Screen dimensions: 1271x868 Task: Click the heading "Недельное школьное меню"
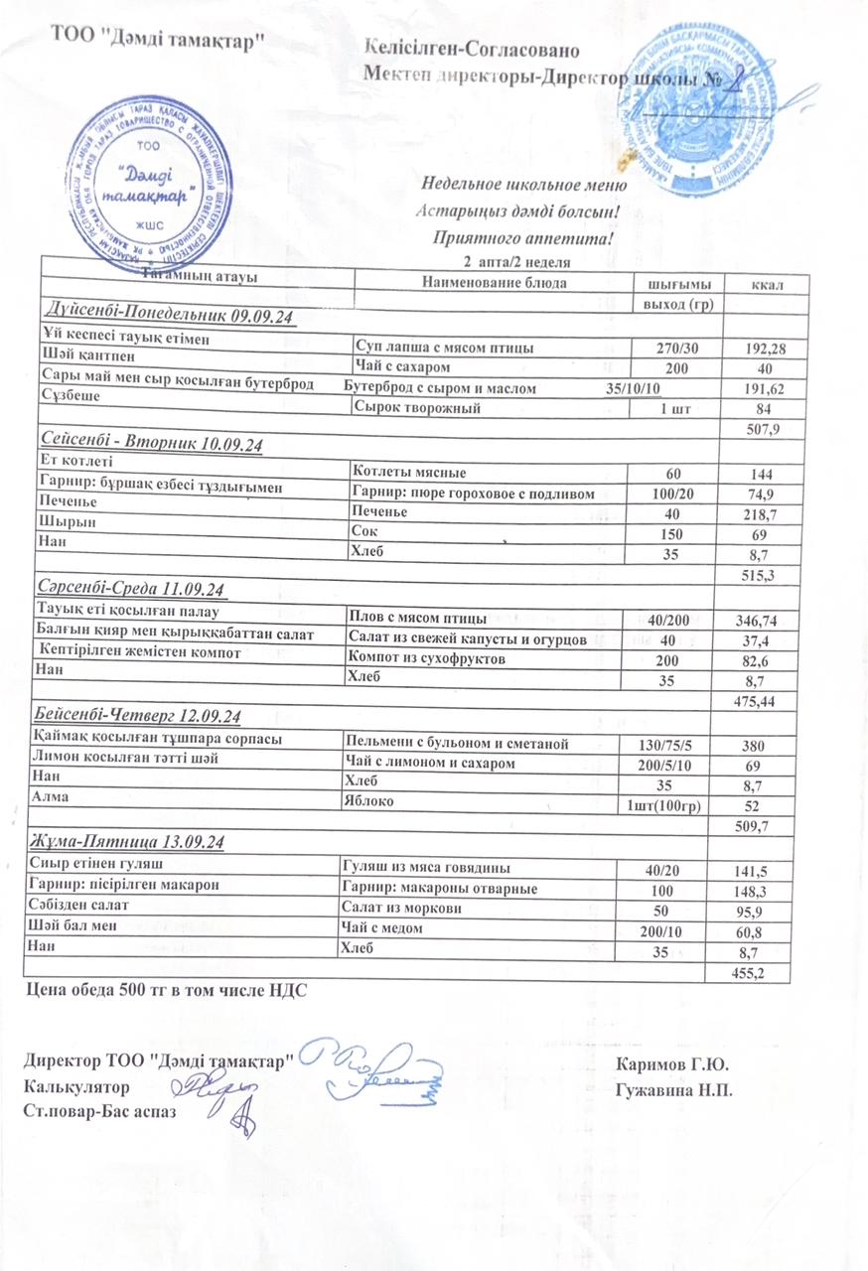point(523,185)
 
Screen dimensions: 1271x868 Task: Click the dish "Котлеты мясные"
point(409,474)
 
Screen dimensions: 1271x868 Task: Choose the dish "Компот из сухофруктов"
point(426,658)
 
